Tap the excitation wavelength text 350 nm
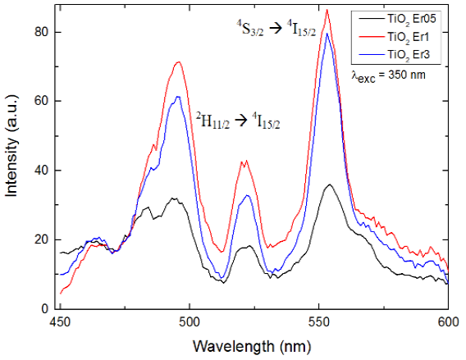pos(387,74)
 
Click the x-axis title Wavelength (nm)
pos(253,347)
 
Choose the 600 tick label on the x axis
pos(448,322)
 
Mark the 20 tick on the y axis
pos(44,239)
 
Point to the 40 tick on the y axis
pos(44,171)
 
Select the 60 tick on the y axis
pos(44,102)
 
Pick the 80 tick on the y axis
pos(44,33)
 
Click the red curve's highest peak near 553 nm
pos(327,10)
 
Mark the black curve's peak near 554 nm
pos(329,185)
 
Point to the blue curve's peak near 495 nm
pos(177,97)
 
